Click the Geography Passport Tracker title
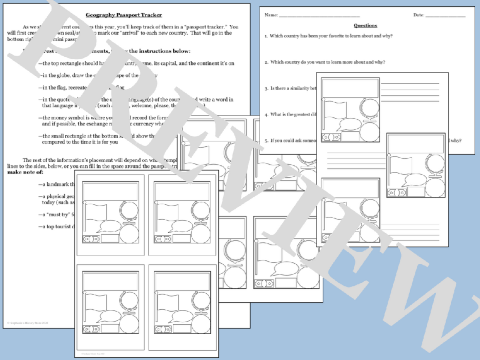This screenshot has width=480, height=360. (x=124, y=15)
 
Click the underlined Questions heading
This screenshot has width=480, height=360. (x=365, y=25)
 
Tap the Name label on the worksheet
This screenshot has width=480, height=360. (x=271, y=15)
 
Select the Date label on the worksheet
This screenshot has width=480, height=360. (x=418, y=15)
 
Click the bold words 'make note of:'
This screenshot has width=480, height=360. (x=25, y=172)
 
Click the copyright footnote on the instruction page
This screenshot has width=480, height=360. (x=28, y=323)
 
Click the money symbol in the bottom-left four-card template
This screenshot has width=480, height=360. (x=91, y=330)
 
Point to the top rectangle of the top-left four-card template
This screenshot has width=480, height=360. (x=110, y=191)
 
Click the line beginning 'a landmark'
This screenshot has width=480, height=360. (x=58, y=184)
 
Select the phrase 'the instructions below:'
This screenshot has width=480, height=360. (x=160, y=51)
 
